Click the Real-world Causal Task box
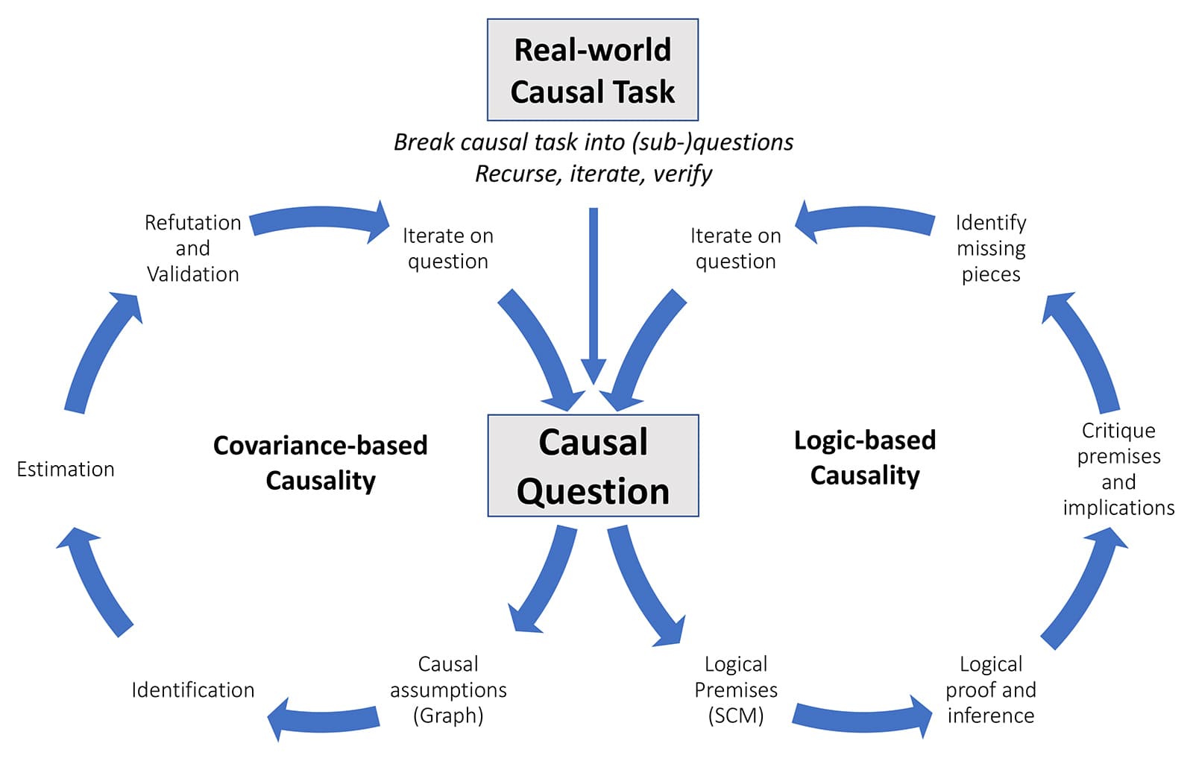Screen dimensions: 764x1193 click(593, 70)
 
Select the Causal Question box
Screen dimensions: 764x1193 click(593, 466)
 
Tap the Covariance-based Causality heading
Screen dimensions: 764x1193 click(320, 462)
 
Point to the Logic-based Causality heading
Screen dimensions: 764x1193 click(865, 457)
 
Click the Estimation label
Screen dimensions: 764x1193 click(66, 469)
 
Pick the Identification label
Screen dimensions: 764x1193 click(192, 689)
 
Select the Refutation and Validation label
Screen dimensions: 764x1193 click(192, 248)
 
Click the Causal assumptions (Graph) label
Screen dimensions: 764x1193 click(448, 689)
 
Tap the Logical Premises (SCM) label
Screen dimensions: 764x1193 click(736, 689)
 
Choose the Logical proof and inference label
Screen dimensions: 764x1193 click(990, 689)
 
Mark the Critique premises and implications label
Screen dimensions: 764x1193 click(1118, 469)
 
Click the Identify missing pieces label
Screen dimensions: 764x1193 click(990, 248)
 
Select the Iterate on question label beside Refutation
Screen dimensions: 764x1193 click(447, 248)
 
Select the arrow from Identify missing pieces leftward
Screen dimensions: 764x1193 click(865, 221)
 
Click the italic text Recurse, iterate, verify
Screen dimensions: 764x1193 click(594, 174)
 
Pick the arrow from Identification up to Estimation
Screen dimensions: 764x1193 click(93, 581)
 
